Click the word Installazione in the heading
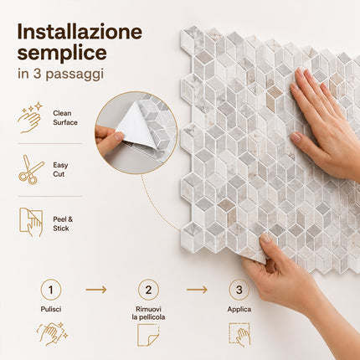(x=80, y=32)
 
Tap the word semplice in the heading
(x=62, y=54)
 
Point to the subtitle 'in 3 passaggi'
(x=60, y=74)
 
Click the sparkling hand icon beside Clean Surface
(x=30, y=117)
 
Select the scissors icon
(x=31, y=170)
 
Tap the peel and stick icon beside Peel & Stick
(x=31, y=222)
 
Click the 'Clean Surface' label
(x=65, y=118)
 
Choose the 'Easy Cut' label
(x=60, y=170)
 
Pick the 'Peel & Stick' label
(x=63, y=224)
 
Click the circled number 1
(x=51, y=290)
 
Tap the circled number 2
(x=148, y=290)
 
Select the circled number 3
(x=239, y=290)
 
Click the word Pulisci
(x=51, y=309)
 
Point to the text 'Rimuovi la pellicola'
(x=148, y=313)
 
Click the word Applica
(x=239, y=310)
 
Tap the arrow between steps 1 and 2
(x=96, y=290)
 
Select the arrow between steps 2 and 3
(x=197, y=290)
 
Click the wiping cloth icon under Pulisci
(x=52, y=334)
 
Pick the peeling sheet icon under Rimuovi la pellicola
(x=148, y=335)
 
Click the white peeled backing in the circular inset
(x=136, y=126)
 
